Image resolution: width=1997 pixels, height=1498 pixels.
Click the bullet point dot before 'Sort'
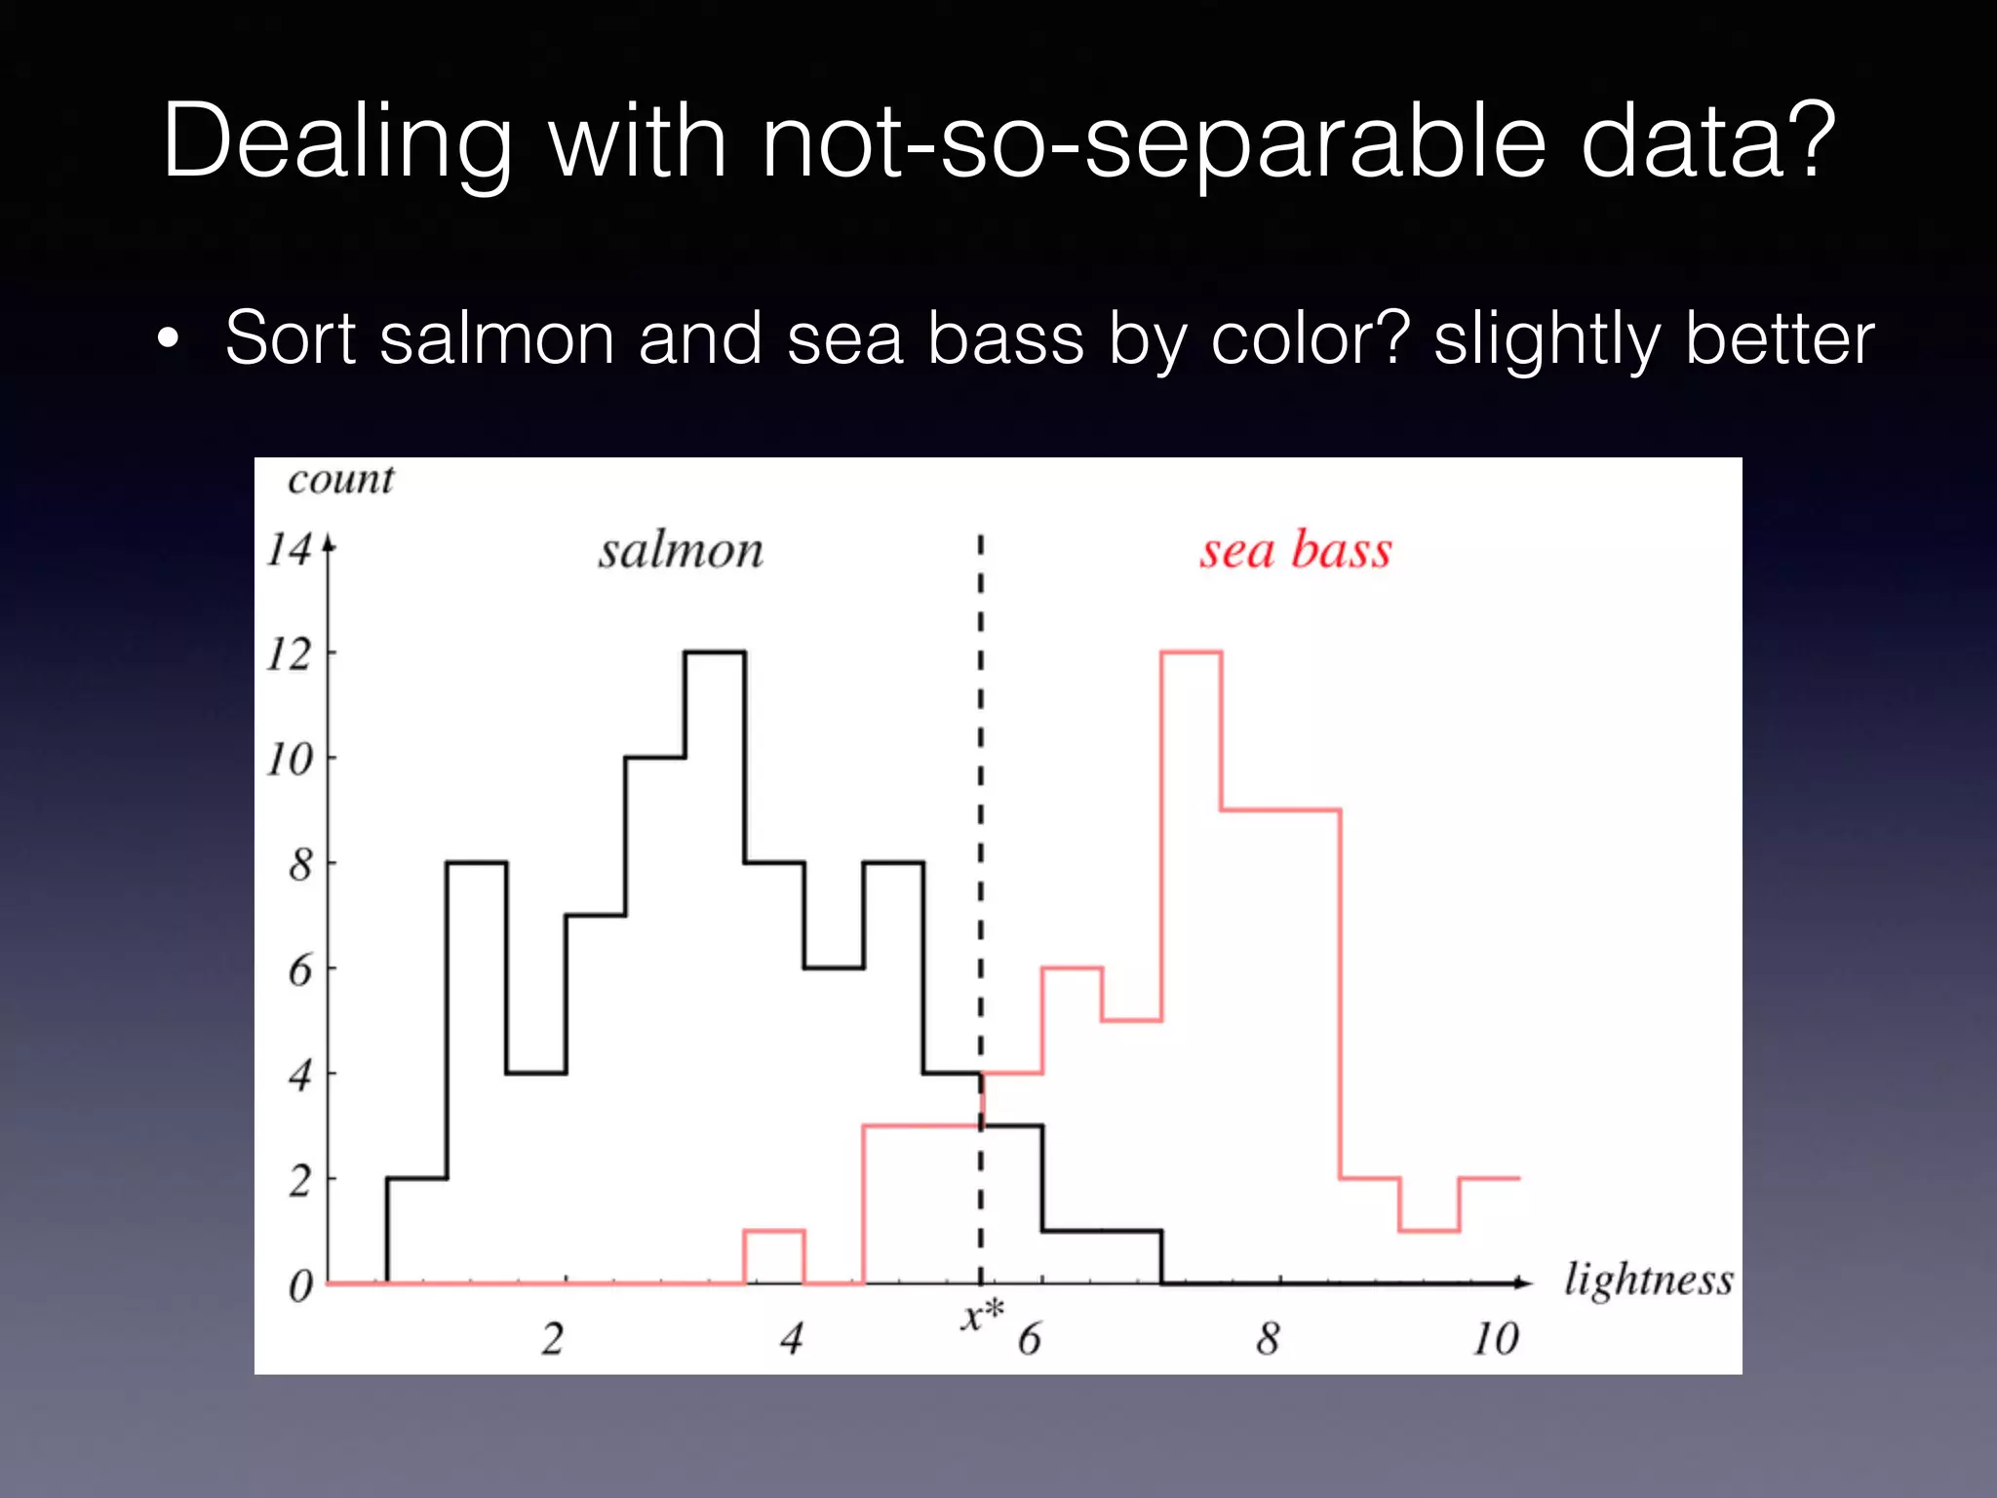169,339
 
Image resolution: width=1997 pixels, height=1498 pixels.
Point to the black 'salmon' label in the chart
681,551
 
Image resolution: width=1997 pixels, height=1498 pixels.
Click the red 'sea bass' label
1295,550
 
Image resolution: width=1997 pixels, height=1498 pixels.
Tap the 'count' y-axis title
340,479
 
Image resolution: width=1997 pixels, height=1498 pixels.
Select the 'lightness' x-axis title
1648,1281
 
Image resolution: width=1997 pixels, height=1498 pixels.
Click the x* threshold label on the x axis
981,1316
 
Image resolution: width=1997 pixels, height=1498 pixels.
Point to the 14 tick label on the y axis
290,549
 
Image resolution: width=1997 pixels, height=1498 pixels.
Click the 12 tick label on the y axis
290,654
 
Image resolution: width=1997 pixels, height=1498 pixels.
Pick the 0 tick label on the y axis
300,1286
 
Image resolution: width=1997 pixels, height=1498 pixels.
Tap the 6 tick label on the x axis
1029,1339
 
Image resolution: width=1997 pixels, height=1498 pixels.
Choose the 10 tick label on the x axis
1495,1339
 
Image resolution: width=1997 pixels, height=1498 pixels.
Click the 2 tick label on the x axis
552,1339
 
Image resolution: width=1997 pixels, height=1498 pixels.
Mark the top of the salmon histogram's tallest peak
715,651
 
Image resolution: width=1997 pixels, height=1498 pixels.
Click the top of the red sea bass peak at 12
1191,651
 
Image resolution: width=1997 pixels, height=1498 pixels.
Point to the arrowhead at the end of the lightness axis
1523,1282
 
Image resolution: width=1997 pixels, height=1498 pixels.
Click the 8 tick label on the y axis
300,865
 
